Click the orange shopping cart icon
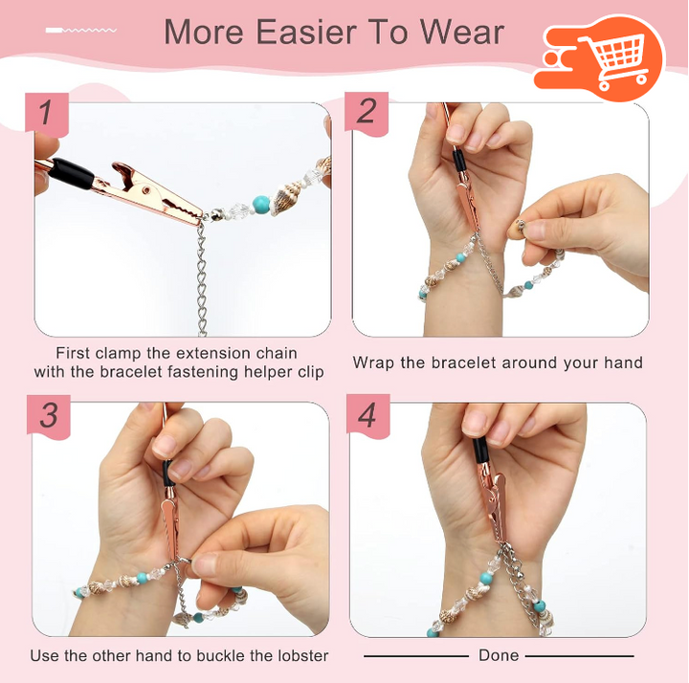click(x=600, y=58)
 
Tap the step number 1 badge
click(x=47, y=113)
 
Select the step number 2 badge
click(x=367, y=113)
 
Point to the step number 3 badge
click(x=49, y=415)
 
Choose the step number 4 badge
click(x=367, y=415)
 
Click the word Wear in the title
click(x=462, y=33)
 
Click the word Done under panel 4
click(x=499, y=655)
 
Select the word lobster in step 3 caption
click(x=303, y=656)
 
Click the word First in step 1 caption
click(x=73, y=353)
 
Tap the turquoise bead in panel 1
click(x=260, y=203)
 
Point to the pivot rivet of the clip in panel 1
click(x=145, y=189)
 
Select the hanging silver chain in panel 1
click(x=201, y=277)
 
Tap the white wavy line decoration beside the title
click(x=81, y=31)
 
